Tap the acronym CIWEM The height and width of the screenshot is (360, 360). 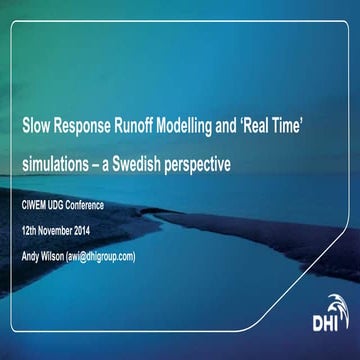point(38,205)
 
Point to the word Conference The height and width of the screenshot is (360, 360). point(104,205)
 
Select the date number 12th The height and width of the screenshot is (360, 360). point(31,231)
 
